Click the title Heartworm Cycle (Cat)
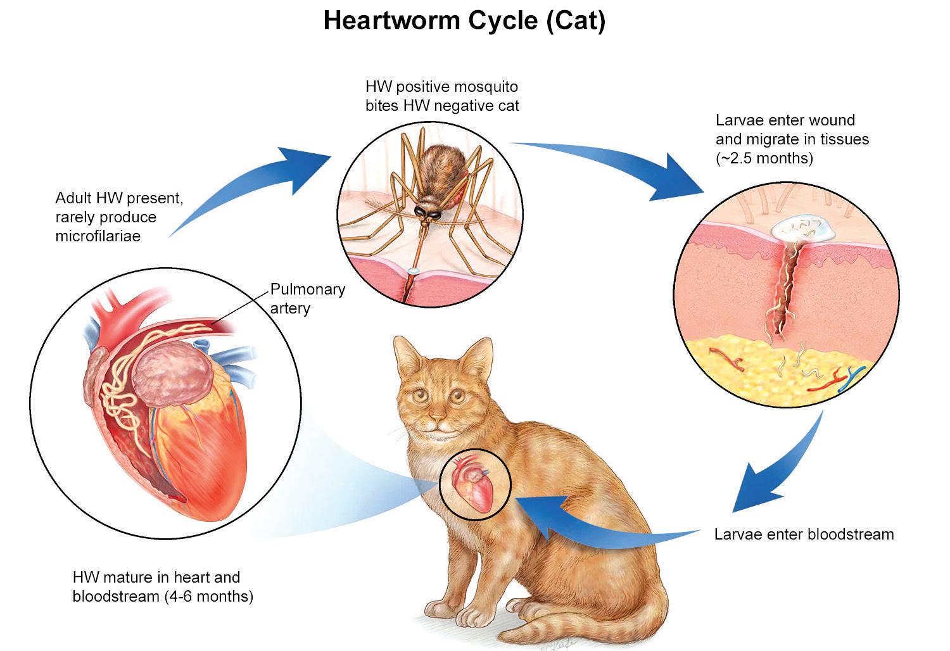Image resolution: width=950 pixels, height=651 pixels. tap(464, 20)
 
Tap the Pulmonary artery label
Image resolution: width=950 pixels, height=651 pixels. tap(307, 298)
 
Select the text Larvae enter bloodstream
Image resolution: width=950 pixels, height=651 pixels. tap(804, 534)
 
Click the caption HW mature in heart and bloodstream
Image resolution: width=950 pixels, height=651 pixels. tap(163, 586)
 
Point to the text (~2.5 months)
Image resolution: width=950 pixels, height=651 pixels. tap(764, 158)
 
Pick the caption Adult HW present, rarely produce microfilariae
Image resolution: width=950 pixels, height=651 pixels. tap(119, 217)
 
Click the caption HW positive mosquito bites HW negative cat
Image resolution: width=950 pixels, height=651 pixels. tap(441, 96)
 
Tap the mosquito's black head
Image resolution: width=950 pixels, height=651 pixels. tap(426, 213)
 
